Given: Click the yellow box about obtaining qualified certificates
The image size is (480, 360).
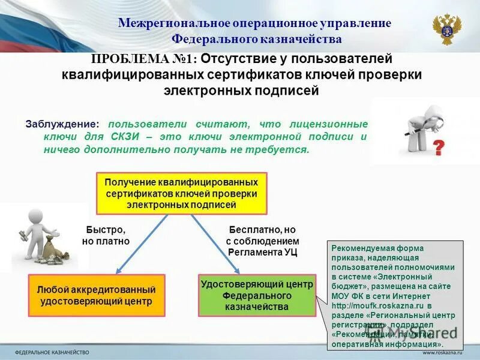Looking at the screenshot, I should [181, 193].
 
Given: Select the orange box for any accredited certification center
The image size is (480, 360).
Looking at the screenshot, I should [97, 295].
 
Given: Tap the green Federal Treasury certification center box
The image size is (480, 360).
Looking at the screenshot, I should [257, 295].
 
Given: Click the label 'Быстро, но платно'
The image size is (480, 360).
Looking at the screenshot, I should [106, 235].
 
